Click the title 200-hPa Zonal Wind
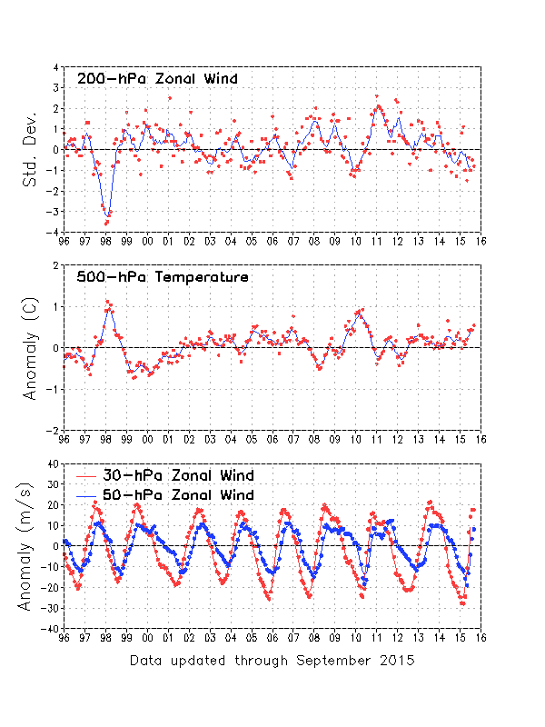click(x=157, y=79)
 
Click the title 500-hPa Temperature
click(x=163, y=277)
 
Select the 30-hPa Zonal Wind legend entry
click(x=178, y=475)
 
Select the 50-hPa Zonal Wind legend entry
click(x=178, y=494)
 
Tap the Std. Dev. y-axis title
click(x=30, y=150)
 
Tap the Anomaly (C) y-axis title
click(x=30, y=348)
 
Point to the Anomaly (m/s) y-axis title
click(x=30, y=545)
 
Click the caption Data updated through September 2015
click(x=272, y=660)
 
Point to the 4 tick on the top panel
click(x=56, y=67)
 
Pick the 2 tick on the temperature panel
click(x=56, y=265)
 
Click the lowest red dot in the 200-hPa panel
click(x=106, y=223)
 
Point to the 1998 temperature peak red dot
click(x=106, y=301)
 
